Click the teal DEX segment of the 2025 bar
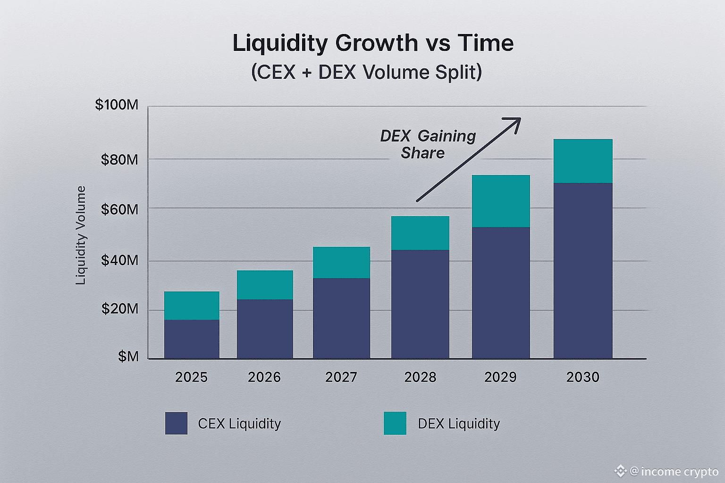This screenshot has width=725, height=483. [x=192, y=305]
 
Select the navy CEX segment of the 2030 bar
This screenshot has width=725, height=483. [x=583, y=271]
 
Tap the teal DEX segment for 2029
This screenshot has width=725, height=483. [x=501, y=201]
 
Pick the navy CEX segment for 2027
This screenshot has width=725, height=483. [x=341, y=318]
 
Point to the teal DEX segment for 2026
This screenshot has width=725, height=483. [x=265, y=285]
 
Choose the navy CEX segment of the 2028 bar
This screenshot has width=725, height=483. [x=420, y=304]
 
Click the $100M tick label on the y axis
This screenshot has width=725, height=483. [x=117, y=105]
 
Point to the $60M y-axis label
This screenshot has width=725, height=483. [x=119, y=209]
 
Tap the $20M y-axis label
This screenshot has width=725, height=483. [x=119, y=309]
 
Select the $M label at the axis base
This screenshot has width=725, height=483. [x=128, y=356]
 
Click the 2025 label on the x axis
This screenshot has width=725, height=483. [x=191, y=377]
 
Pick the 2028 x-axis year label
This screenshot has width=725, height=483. [x=420, y=377]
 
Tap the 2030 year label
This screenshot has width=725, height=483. [x=582, y=377]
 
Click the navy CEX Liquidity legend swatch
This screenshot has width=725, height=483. [x=176, y=423]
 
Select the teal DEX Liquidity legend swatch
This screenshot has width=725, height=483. [x=395, y=423]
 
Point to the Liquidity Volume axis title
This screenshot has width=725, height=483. [x=81, y=235]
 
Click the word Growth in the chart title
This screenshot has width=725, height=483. [x=376, y=43]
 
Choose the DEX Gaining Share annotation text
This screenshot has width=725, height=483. [x=427, y=144]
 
